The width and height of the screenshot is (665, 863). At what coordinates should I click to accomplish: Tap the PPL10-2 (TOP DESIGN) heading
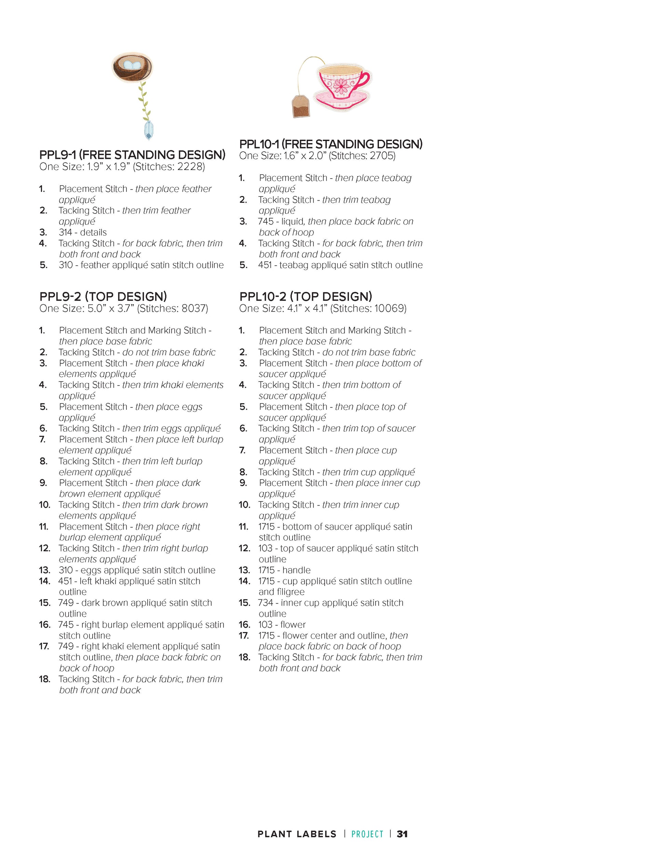(306, 296)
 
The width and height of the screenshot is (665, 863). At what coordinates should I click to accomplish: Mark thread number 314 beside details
(65, 232)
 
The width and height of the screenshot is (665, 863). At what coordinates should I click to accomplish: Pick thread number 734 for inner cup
(266, 603)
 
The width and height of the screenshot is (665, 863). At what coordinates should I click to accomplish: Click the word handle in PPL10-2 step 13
(297, 570)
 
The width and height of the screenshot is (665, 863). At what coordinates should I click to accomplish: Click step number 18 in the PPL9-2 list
(44, 679)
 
